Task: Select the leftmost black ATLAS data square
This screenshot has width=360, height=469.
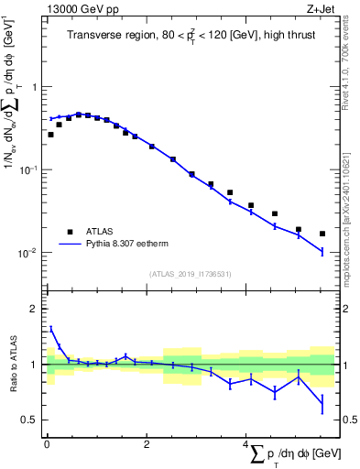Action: click(50, 135)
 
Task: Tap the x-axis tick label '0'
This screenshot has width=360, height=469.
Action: click(47, 444)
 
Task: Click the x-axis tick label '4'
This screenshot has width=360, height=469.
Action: click(245, 444)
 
